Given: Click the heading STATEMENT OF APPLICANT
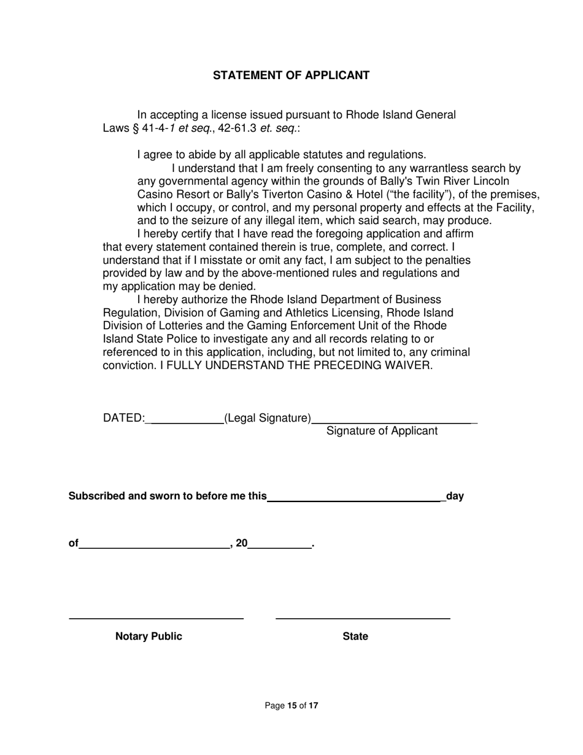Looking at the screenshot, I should click(x=291, y=75).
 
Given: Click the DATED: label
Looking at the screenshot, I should click(x=123, y=418).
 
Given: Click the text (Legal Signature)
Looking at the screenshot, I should click(x=268, y=418).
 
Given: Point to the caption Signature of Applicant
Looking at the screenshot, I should click(x=382, y=431).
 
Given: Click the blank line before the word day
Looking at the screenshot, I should click(x=355, y=500).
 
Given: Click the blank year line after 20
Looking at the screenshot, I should click(x=279, y=547).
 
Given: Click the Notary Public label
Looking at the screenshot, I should click(x=149, y=637).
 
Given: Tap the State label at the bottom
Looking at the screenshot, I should click(x=355, y=637).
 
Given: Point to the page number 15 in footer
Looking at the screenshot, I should click(x=291, y=706).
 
